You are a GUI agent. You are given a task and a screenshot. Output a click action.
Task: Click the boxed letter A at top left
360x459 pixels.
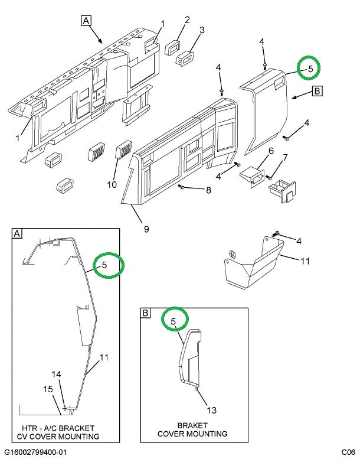point(86,21)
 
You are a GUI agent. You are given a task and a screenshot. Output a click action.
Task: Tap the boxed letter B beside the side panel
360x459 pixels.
point(316,91)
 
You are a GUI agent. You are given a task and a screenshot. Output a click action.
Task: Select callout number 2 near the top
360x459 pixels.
point(187,19)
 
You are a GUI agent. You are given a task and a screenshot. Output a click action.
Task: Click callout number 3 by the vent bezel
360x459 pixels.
point(202,30)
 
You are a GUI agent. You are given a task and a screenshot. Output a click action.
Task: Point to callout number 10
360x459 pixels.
point(112,184)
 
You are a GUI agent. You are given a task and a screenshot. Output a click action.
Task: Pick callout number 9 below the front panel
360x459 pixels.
point(146,229)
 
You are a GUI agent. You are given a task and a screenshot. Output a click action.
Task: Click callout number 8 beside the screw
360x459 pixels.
point(208,190)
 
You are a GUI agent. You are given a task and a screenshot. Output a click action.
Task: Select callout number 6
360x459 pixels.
point(271,151)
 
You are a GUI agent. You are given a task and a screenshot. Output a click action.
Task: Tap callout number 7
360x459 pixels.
point(284,157)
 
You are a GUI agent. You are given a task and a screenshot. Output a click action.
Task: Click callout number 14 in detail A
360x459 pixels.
point(56,374)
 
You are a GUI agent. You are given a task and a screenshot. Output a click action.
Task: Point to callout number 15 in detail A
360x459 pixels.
point(48,388)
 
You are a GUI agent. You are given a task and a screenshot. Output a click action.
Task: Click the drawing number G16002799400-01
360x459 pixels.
point(35,452)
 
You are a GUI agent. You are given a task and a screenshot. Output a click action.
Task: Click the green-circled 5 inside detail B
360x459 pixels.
point(174,321)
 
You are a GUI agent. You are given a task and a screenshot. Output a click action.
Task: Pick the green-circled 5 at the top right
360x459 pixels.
point(309,69)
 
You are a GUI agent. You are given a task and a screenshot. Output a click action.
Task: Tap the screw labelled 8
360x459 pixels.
point(182,187)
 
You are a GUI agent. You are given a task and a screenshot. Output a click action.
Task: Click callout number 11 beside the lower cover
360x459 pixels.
point(305,261)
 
